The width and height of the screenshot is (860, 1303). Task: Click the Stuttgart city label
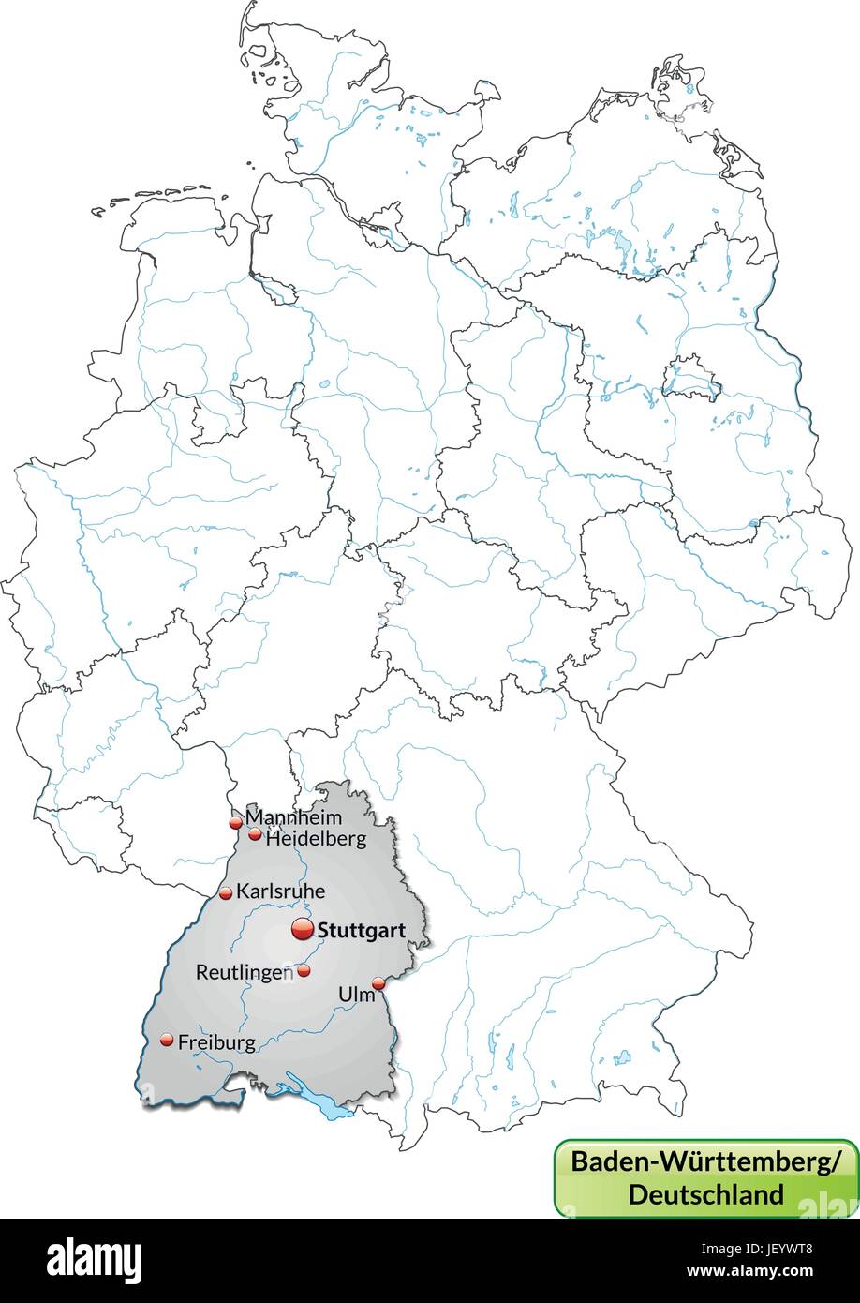(362, 932)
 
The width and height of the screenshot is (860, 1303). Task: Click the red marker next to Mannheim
(235, 823)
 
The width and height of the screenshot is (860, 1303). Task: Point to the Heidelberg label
(316, 839)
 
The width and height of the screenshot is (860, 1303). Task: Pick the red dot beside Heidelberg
(255, 834)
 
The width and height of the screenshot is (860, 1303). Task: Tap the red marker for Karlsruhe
(226, 893)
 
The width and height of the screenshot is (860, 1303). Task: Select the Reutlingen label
(244, 972)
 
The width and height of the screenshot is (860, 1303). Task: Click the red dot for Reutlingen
(304, 970)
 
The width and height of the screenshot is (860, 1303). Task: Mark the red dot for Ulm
(378, 983)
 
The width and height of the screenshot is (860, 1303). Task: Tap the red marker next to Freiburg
(167, 1040)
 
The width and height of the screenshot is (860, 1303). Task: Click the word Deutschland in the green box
(705, 1194)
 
